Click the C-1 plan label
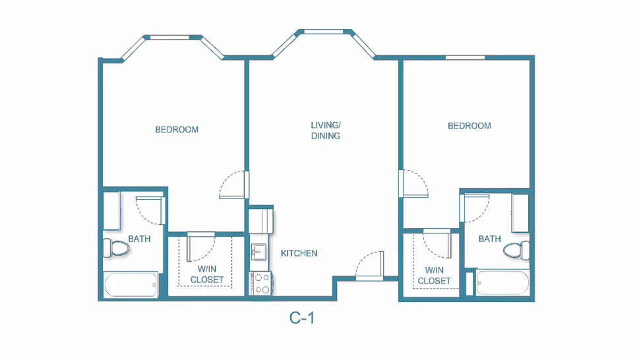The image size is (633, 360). pyautogui.click(x=301, y=318)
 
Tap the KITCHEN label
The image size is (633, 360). pyautogui.click(x=299, y=253)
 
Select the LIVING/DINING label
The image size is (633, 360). pyautogui.click(x=325, y=131)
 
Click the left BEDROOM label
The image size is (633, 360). pyautogui.click(x=177, y=129)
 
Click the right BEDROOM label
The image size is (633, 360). pyautogui.click(x=469, y=126)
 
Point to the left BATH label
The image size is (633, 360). pyautogui.click(x=139, y=239)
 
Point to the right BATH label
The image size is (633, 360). pyautogui.click(x=490, y=239)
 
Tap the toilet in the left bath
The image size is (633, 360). pyautogui.click(x=116, y=248)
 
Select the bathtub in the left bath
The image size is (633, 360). pyautogui.click(x=131, y=285)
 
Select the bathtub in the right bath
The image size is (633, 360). pyautogui.click(x=502, y=282)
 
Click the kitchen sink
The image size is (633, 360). pyautogui.click(x=258, y=252)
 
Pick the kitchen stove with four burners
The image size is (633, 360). pyautogui.click(x=262, y=284)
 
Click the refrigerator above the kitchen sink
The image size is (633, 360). pyautogui.click(x=261, y=221)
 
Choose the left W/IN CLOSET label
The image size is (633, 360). pyautogui.click(x=206, y=274)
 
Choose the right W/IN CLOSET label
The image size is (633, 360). pyautogui.click(x=435, y=276)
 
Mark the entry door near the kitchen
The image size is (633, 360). pyautogui.click(x=370, y=266)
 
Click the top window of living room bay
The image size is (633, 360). pyautogui.click(x=323, y=32)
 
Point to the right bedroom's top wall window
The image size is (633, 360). pyautogui.click(x=465, y=58)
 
